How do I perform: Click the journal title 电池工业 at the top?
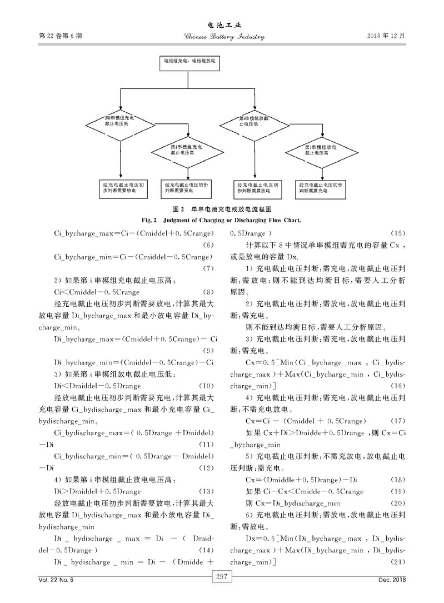coord(222,25)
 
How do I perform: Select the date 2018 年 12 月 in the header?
coord(386,36)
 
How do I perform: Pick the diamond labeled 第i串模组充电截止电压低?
coord(120,121)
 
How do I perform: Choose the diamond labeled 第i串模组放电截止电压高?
coord(320,148)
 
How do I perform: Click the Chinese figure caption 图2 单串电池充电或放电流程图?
coord(222,210)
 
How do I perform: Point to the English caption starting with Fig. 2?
coord(222,220)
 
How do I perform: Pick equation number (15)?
coord(399,233)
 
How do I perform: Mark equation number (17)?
coord(399,420)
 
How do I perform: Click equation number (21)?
coord(399,563)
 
